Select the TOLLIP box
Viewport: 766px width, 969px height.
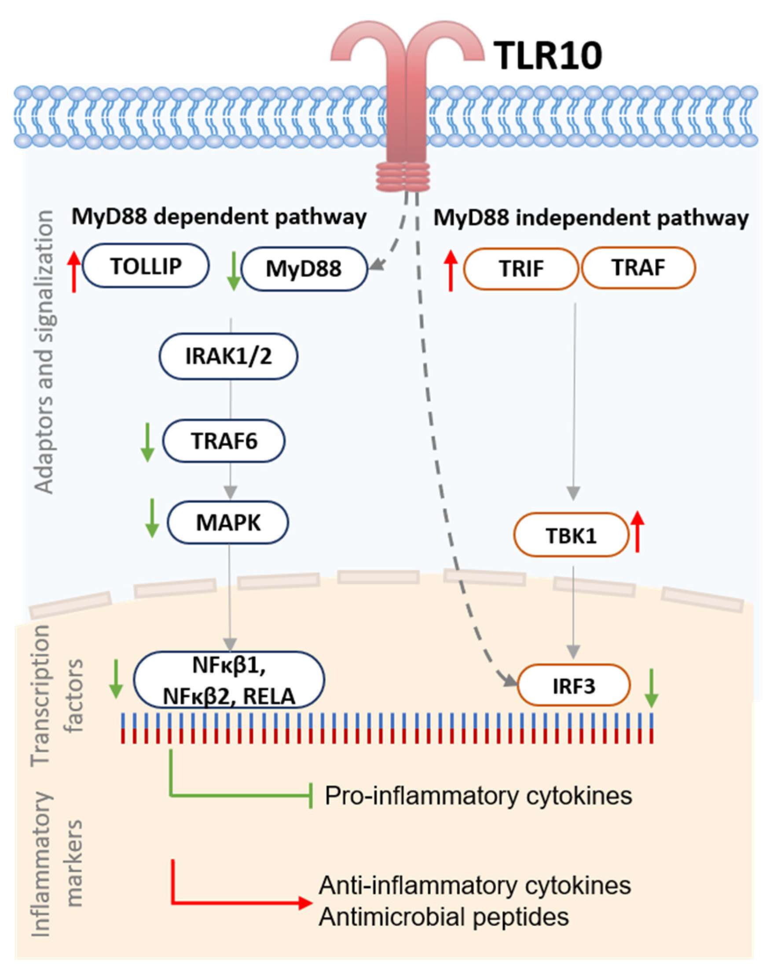click(x=146, y=266)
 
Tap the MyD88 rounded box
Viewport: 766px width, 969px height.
click(x=304, y=269)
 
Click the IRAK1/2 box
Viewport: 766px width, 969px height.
click(x=228, y=356)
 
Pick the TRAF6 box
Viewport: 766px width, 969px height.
click(x=224, y=441)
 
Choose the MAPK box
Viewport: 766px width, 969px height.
click(x=228, y=523)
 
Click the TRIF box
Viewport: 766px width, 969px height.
click(x=520, y=268)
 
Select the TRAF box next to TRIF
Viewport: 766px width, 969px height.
click(x=638, y=268)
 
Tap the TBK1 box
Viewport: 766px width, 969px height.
click(x=571, y=535)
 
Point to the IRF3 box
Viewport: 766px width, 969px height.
click(x=574, y=685)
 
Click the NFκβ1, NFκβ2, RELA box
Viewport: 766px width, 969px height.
click(x=229, y=680)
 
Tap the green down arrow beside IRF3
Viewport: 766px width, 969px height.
click(x=651, y=688)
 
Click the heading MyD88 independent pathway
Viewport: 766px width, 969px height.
click(x=590, y=218)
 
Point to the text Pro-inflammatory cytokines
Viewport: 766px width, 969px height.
click(x=479, y=795)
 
